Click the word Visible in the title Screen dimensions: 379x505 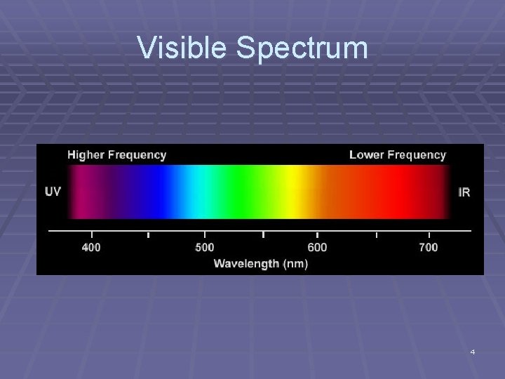point(183,48)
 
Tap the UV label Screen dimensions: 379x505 point(53,191)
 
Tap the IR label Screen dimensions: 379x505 point(464,191)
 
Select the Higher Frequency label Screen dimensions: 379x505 point(116,154)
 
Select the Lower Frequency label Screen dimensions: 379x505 point(397,154)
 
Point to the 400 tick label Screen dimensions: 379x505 point(91,247)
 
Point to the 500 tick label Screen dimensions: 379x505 point(204,247)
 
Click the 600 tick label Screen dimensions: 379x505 point(317,247)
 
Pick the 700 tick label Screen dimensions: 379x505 point(428,247)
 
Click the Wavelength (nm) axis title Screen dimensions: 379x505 point(260,264)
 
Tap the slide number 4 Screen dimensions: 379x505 point(473,351)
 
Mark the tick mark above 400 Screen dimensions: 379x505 point(92,234)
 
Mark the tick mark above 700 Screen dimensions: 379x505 point(429,234)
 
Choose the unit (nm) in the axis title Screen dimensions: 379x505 point(294,264)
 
